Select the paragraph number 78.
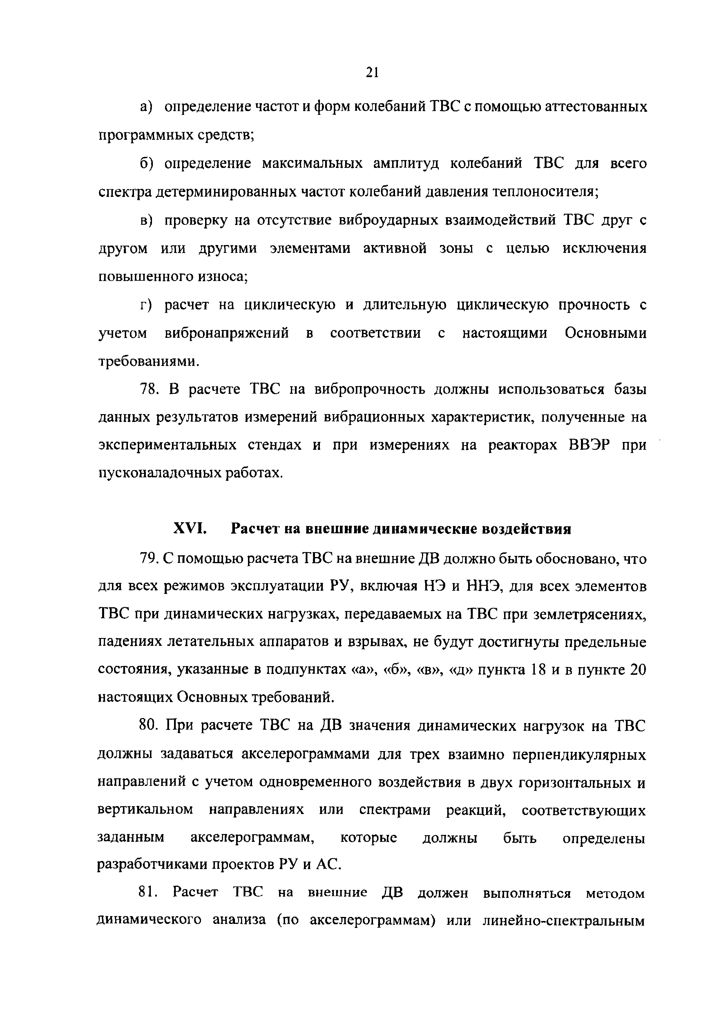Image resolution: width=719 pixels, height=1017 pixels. (148, 389)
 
